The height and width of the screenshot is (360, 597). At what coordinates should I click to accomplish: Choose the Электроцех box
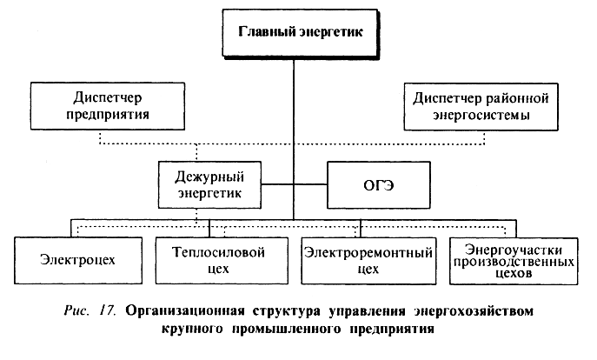[x=76, y=259]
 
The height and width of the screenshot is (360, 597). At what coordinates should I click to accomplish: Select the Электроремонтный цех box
[x=368, y=259]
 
